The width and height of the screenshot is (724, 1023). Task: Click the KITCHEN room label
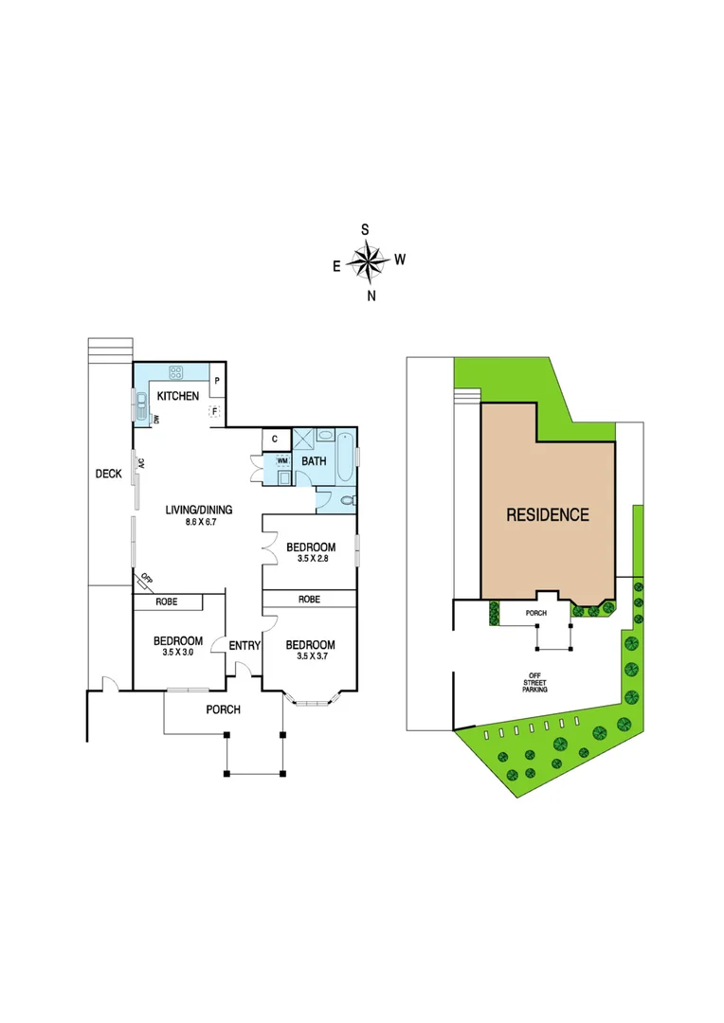pos(178,396)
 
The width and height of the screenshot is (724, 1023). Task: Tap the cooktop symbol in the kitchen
pos(176,371)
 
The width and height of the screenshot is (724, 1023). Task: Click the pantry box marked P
pos(217,381)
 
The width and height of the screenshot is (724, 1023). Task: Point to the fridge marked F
pos(215,411)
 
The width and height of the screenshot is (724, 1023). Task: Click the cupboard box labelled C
pos(274,439)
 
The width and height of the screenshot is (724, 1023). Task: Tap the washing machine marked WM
pos(281,461)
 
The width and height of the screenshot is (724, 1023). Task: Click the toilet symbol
pos(346,499)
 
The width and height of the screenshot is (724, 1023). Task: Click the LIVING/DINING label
pos(199,511)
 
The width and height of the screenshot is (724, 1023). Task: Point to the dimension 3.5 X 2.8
pos(311,560)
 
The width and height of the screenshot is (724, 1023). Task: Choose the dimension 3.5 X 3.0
pos(178,653)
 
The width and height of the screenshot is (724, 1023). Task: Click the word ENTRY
pos(244,646)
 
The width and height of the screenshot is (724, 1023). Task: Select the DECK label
pos(108,474)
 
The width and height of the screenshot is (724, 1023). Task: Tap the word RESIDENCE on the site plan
pos(548,515)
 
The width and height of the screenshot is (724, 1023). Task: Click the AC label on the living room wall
pos(140,463)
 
